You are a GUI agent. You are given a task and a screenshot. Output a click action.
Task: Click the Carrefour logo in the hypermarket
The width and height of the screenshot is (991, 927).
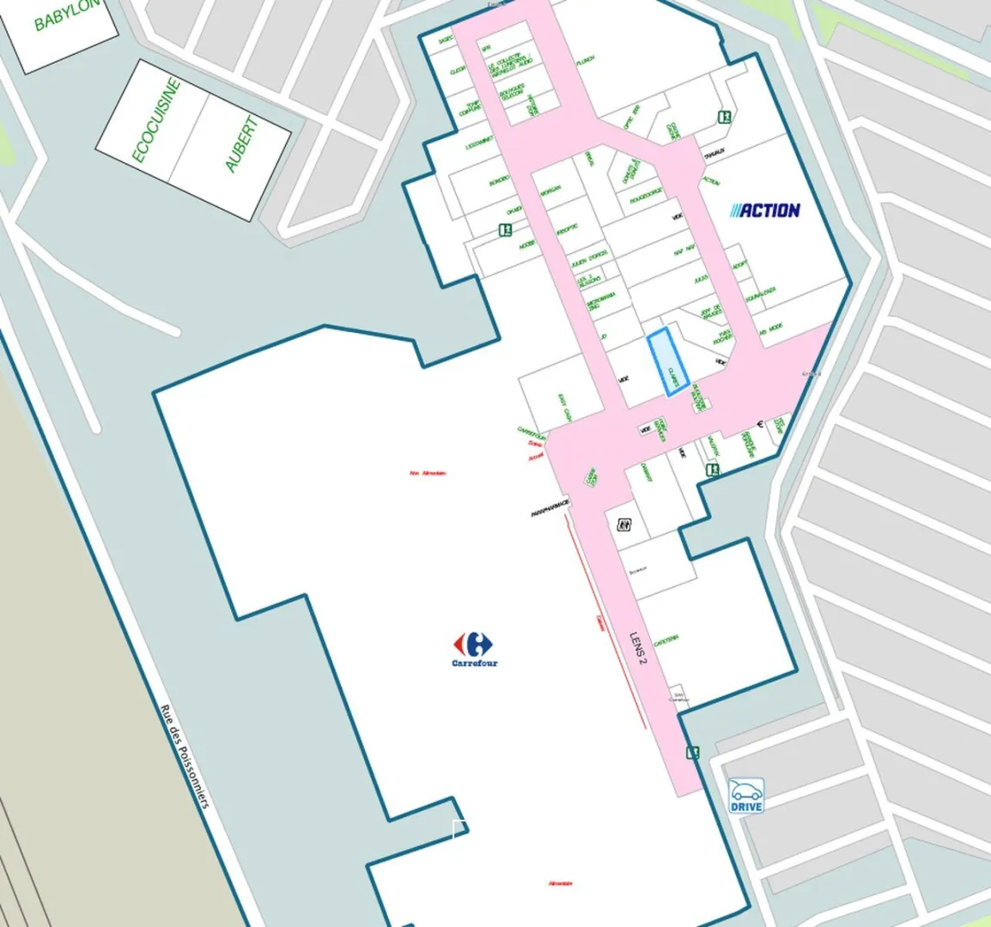click(x=474, y=648)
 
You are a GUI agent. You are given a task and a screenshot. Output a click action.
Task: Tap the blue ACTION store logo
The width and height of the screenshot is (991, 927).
click(x=765, y=210)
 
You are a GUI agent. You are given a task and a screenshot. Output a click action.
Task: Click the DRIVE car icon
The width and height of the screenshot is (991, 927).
click(x=745, y=796)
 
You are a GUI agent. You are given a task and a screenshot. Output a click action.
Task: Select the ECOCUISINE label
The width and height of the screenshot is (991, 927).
click(x=156, y=120)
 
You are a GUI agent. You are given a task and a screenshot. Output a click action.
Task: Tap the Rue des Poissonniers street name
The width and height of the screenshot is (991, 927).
click(x=185, y=756)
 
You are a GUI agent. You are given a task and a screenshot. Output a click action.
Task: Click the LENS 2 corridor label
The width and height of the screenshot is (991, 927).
click(x=638, y=649)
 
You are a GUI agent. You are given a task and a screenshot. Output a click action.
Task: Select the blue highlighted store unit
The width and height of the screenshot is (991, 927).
click(x=668, y=362)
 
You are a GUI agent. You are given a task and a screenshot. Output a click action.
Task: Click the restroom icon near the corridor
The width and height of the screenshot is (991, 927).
click(x=624, y=524)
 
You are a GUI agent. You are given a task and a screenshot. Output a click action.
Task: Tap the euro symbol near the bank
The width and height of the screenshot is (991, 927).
click(x=760, y=425)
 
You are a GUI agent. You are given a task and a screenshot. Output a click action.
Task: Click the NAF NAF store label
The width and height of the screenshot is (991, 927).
click(x=684, y=250)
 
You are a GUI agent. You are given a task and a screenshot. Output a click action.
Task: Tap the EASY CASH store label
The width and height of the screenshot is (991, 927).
click(x=564, y=407)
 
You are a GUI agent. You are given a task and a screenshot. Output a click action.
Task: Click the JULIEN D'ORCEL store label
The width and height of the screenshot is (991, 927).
click(x=590, y=257)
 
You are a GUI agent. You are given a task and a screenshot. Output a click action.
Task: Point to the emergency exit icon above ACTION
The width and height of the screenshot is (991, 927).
click(x=725, y=117)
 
